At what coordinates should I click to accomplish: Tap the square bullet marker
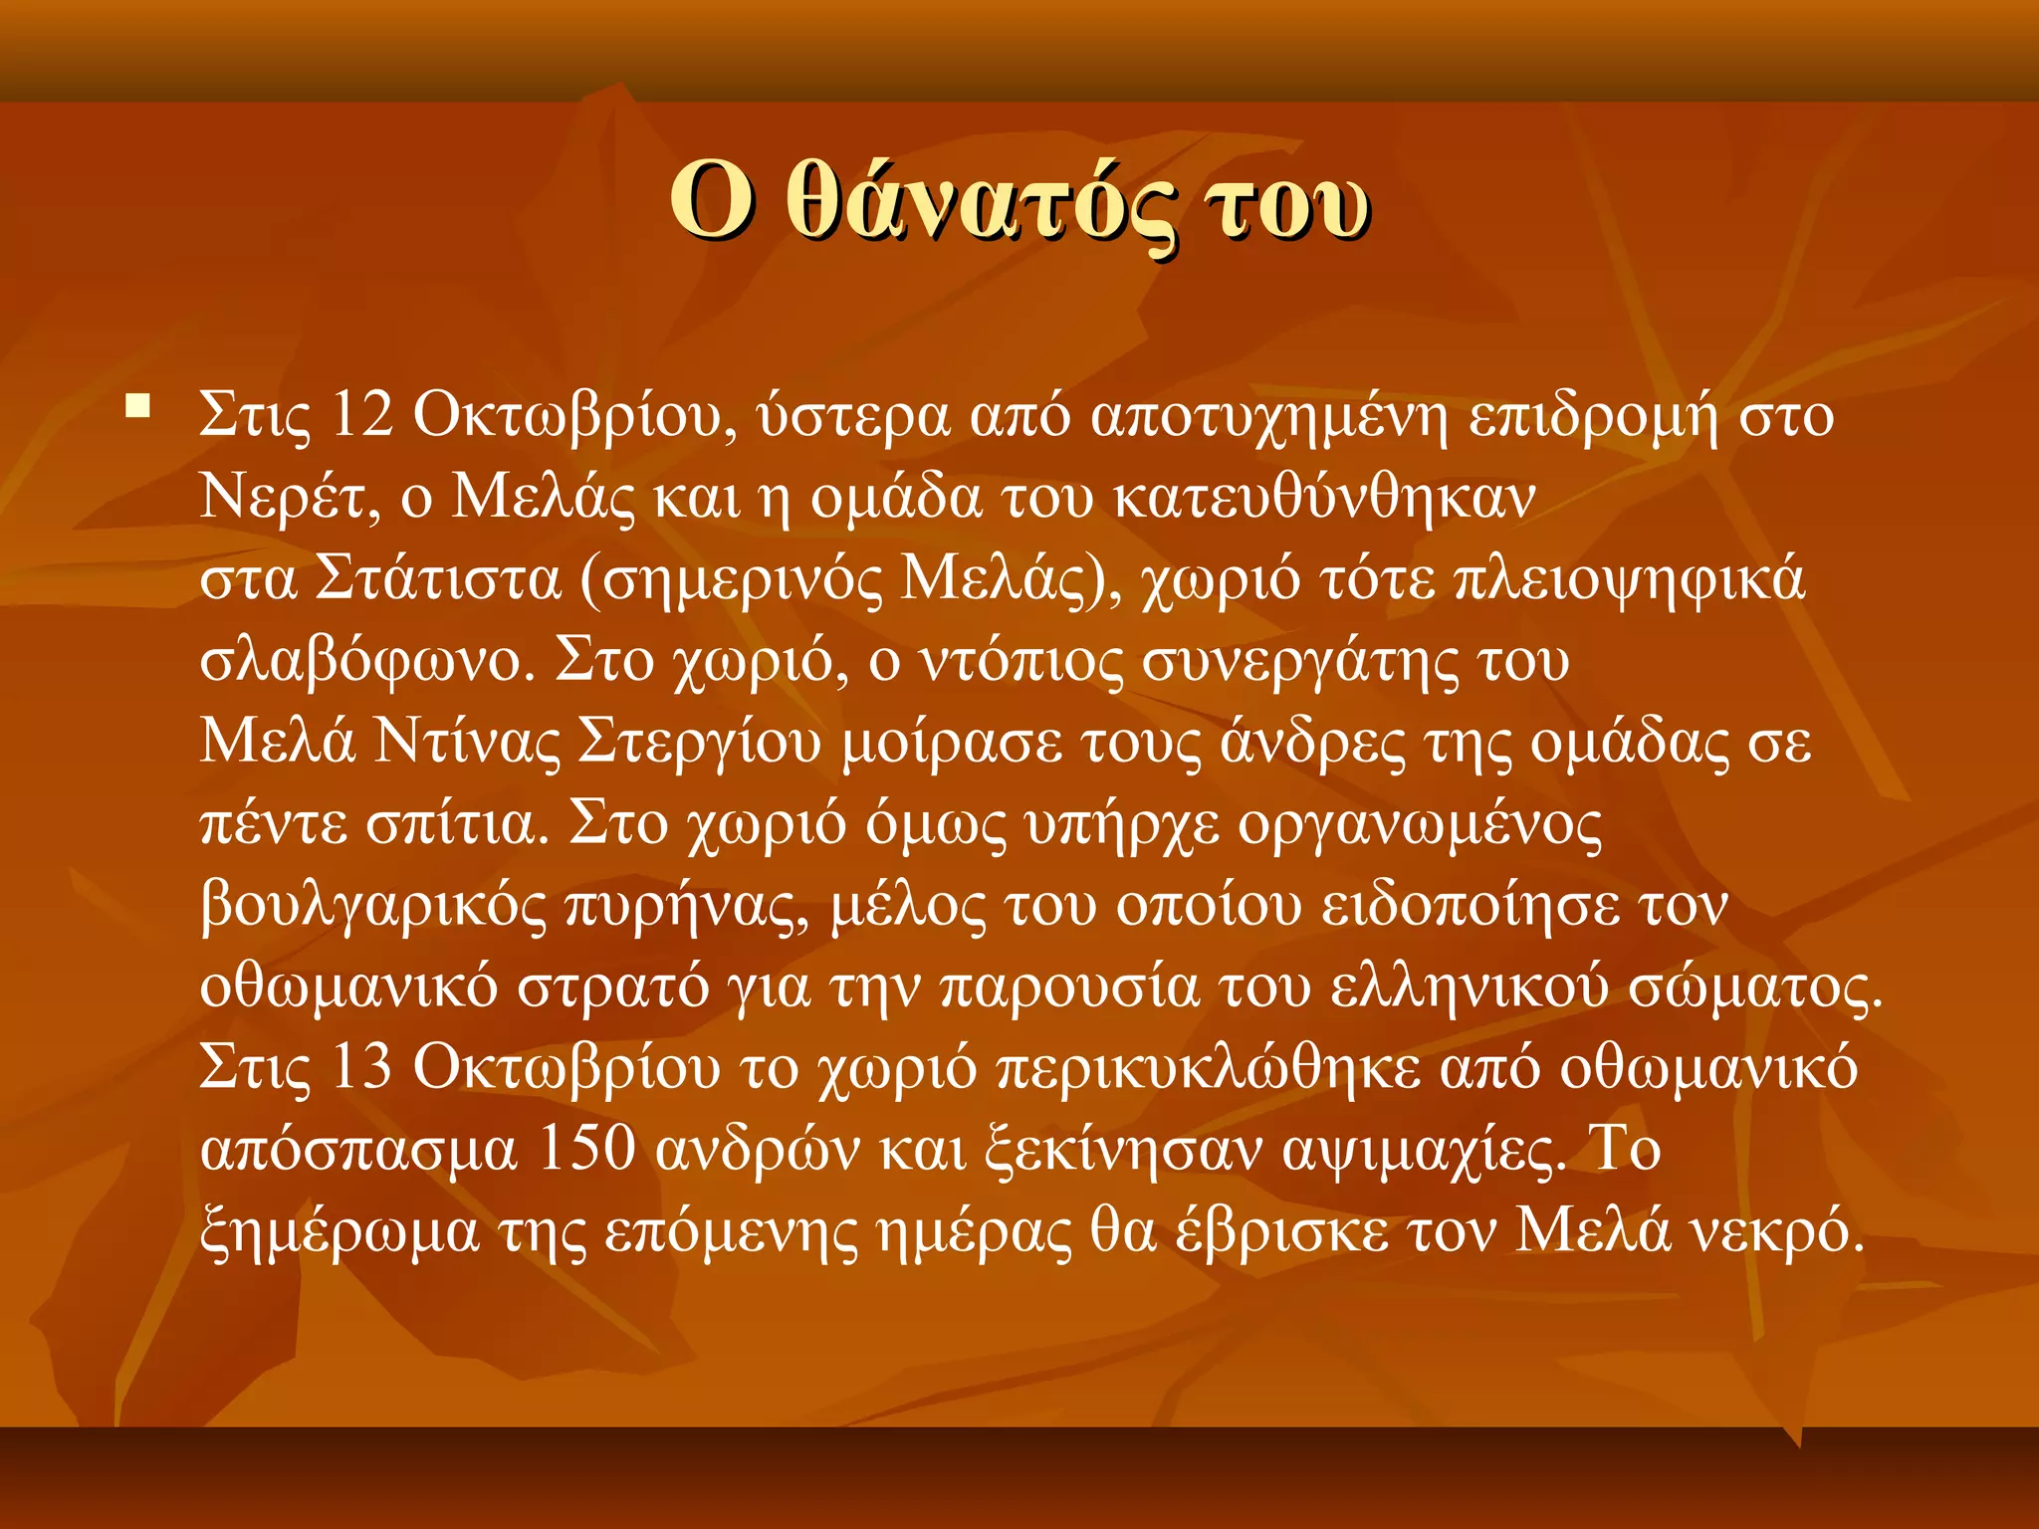(137, 406)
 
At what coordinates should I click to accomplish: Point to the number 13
(361, 1067)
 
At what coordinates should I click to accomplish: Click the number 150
(586, 1149)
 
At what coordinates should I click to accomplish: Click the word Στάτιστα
(438, 579)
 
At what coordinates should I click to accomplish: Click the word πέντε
(273, 824)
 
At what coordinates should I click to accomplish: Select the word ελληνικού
(1469, 987)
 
